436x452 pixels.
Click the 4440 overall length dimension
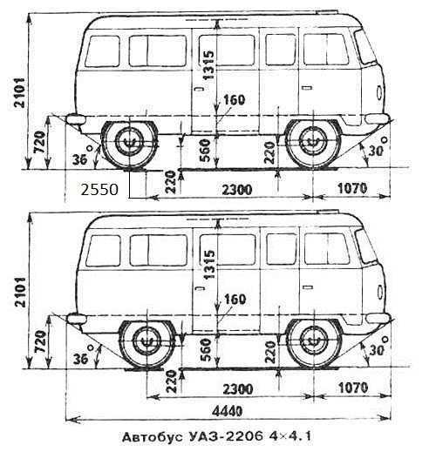tap(227, 411)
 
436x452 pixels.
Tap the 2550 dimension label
tap(99, 190)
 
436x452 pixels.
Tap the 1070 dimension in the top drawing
tap(352, 189)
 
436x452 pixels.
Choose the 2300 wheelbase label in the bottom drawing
tap(237, 389)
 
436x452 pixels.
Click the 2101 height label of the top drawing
tap(20, 92)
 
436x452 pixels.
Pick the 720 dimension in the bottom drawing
tap(40, 341)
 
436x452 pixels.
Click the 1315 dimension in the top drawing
tap(208, 64)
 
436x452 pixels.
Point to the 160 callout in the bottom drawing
tap(235, 299)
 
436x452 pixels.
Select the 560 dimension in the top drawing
tap(205, 151)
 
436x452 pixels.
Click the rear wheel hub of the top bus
tap(129, 141)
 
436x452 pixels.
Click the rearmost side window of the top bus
tap(102, 51)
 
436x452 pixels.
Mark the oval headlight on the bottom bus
tap(380, 292)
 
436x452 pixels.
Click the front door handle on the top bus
tap(307, 88)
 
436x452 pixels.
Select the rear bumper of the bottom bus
tap(77, 319)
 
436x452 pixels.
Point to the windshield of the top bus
tap(365, 46)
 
